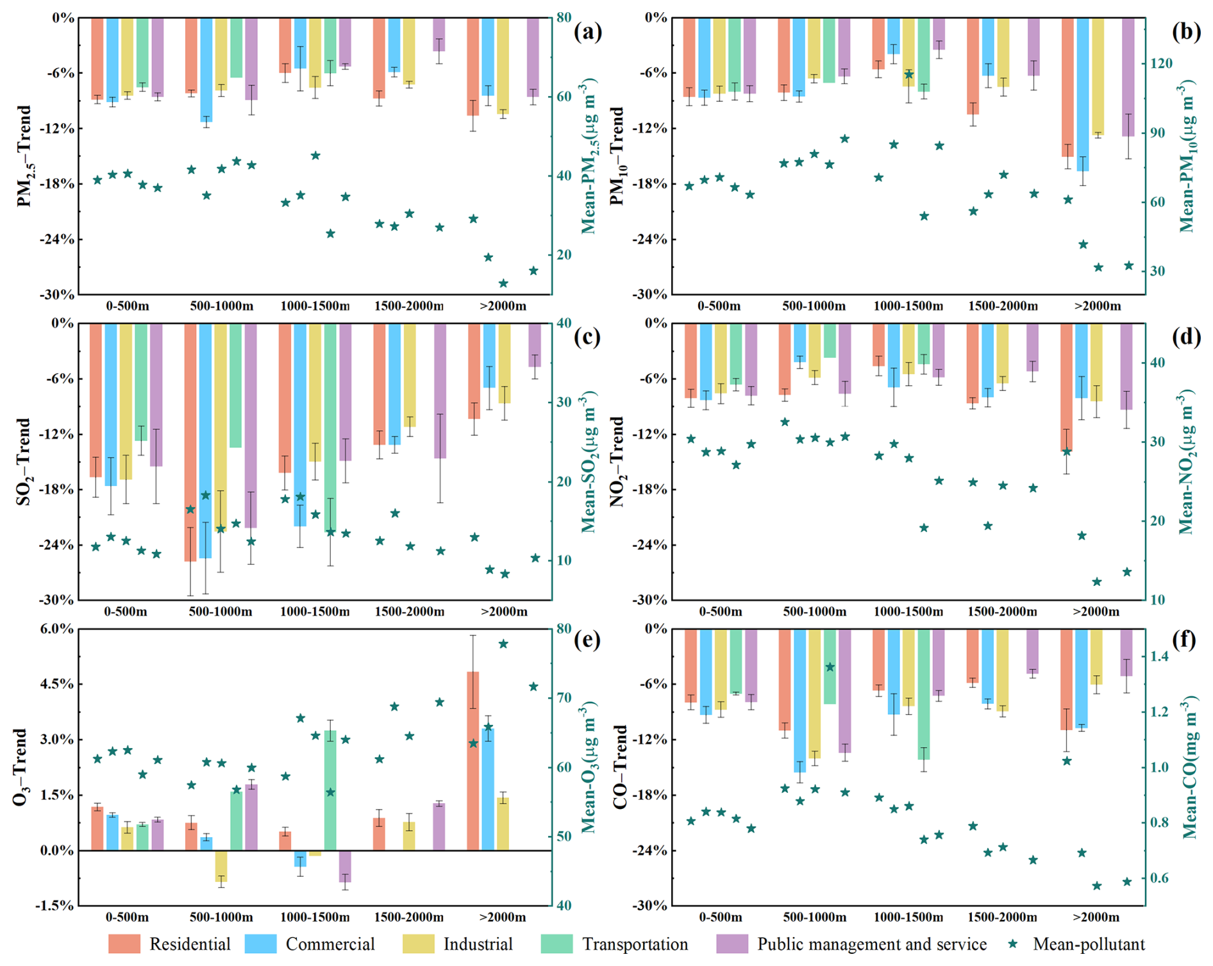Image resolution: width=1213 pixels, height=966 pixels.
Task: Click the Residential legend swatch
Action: click(x=124, y=944)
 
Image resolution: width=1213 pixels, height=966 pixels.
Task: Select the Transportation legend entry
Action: click(x=635, y=944)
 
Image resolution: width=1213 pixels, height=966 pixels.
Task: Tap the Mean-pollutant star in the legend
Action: click(x=1012, y=944)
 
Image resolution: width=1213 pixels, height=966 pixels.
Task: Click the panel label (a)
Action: click(x=588, y=32)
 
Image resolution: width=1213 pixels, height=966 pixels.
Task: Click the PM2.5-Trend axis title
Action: click(x=24, y=156)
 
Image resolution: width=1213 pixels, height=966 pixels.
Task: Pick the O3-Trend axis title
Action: click(x=21, y=767)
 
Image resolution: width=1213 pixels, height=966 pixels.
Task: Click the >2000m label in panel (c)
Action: click(x=504, y=612)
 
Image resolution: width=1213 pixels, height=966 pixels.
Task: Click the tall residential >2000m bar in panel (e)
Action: click(x=473, y=761)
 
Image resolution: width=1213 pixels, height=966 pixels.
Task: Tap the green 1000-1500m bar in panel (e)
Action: click(x=330, y=790)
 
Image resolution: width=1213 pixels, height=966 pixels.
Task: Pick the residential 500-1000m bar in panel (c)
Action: click(x=190, y=442)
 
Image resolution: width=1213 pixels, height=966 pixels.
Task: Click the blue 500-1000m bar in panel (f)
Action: click(x=799, y=700)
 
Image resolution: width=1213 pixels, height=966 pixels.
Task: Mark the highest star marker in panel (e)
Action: click(x=503, y=644)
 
